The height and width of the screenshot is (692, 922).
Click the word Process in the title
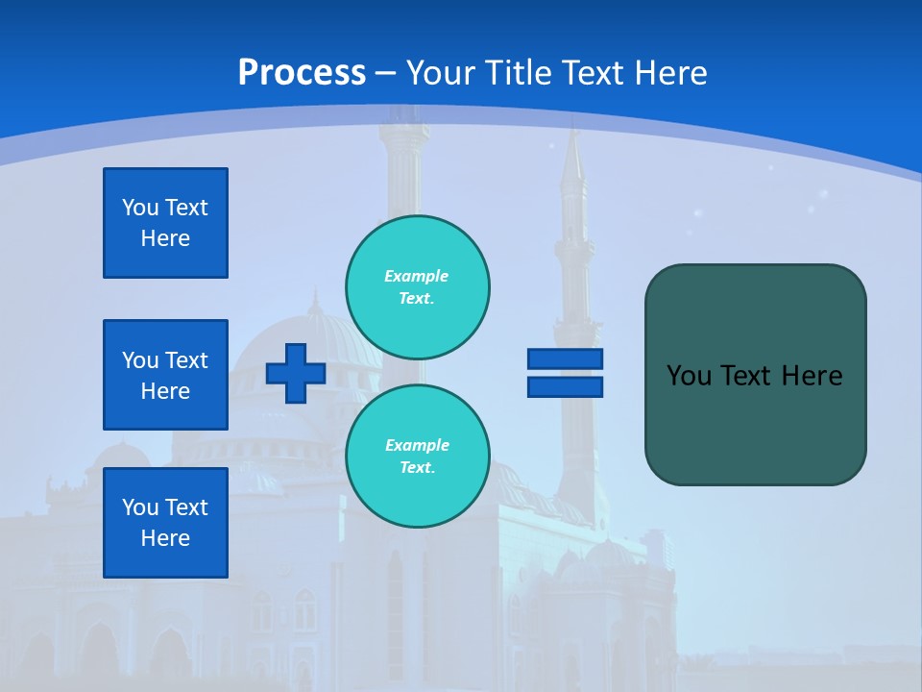tap(302, 73)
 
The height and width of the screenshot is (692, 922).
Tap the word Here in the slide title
tap(670, 73)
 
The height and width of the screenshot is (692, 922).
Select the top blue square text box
tap(165, 223)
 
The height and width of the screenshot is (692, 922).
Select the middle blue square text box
tap(165, 375)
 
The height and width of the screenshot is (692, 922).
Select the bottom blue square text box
tap(165, 523)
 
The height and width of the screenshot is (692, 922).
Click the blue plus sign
tap(296, 373)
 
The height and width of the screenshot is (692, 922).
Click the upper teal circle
tap(418, 286)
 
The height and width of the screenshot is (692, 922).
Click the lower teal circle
tap(418, 456)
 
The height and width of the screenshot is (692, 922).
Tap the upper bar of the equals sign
tap(565, 359)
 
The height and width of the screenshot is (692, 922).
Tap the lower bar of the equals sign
tap(565, 386)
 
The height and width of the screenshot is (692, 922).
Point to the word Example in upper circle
tap(416, 276)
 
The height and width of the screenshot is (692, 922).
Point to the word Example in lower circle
tap(417, 445)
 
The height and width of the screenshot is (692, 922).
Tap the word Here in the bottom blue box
tap(165, 538)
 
